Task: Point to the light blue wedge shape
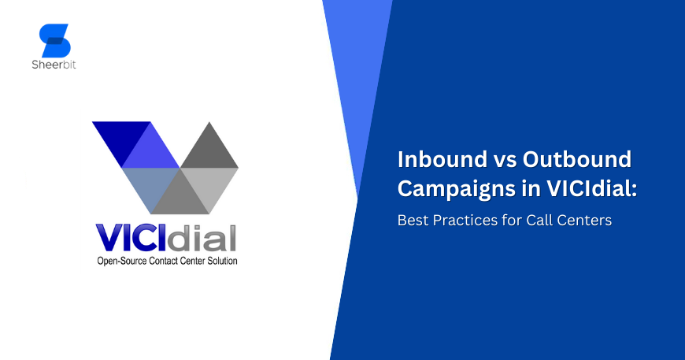pos(358,79)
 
